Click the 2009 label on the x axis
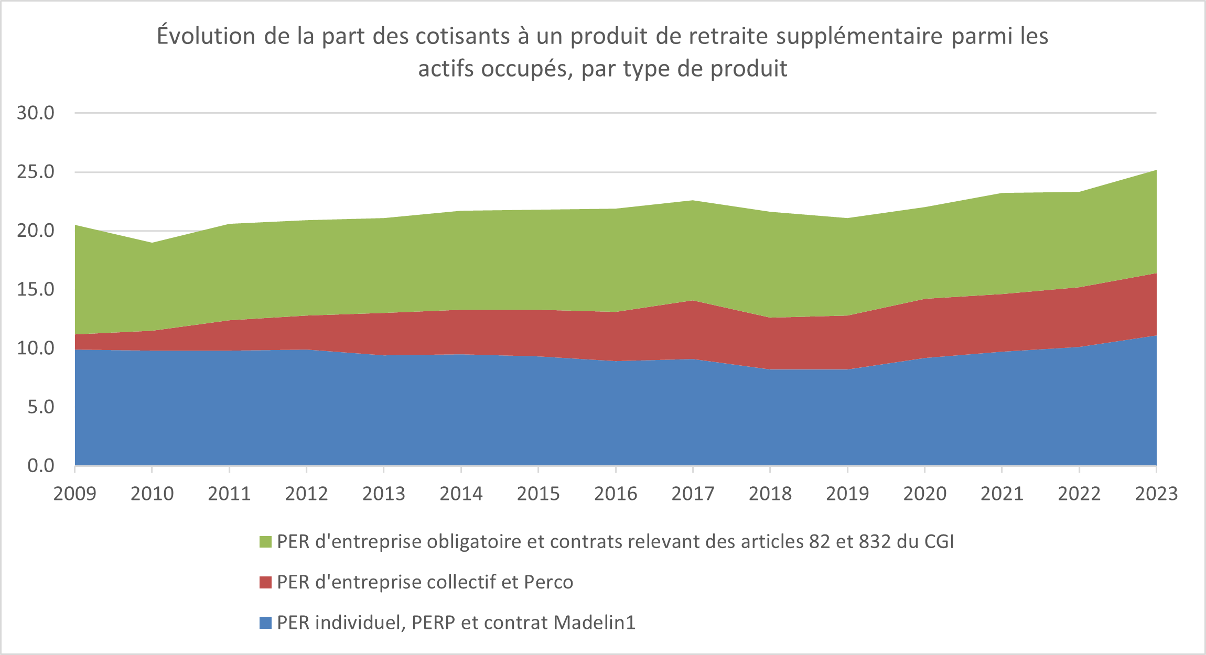[x=74, y=494]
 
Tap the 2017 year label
[x=693, y=494]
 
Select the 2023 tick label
[x=1156, y=494]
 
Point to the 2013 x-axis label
[x=384, y=494]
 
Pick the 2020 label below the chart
[x=924, y=494]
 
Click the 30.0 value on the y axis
[x=36, y=113]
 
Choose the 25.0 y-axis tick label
[x=36, y=172]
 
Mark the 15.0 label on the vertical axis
[x=36, y=289]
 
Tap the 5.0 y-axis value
[x=41, y=407]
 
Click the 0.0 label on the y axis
[x=41, y=465]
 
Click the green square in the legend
[x=265, y=542]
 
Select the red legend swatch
[x=265, y=582]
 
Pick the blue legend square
[x=265, y=623]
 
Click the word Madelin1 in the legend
[x=595, y=623]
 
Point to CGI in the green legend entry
[x=939, y=541]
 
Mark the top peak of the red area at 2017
[x=693, y=301]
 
